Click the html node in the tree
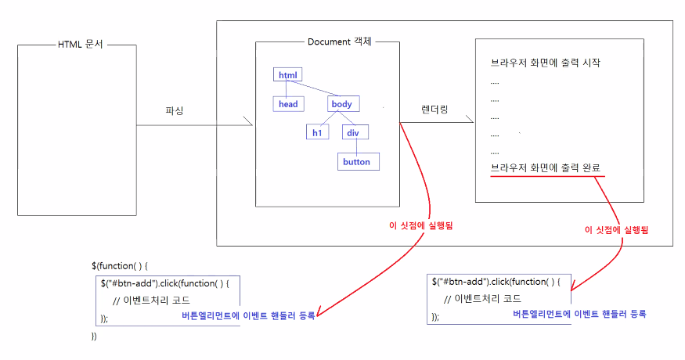[x=288, y=75]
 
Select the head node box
[x=287, y=103]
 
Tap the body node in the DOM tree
[x=342, y=103]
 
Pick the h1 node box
[x=317, y=132]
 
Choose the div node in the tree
[x=352, y=132]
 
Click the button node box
[x=356, y=161]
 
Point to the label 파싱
[x=175, y=110]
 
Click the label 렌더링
[x=434, y=110]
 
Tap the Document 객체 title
[x=339, y=41]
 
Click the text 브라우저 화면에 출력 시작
[x=546, y=63]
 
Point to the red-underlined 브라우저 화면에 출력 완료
[x=546, y=167]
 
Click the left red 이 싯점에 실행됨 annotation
[x=421, y=225]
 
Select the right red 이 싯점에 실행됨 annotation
[x=617, y=231]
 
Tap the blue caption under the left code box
[x=247, y=316]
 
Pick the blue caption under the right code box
[x=579, y=313]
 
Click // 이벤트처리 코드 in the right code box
[x=485, y=298]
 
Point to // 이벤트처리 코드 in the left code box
[x=151, y=301]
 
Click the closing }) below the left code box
[x=95, y=337]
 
